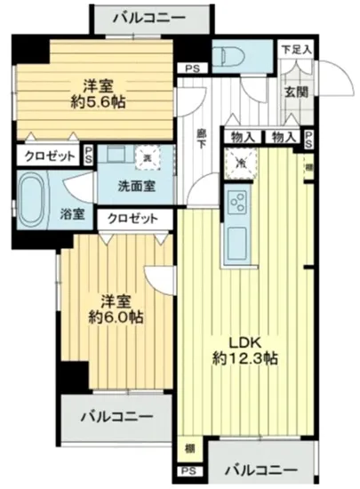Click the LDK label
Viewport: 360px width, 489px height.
click(x=239, y=341)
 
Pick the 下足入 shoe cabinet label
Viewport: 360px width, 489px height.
click(x=295, y=49)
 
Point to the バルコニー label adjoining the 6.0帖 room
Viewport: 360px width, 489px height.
click(x=116, y=415)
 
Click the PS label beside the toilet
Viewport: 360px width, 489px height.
click(x=191, y=68)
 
